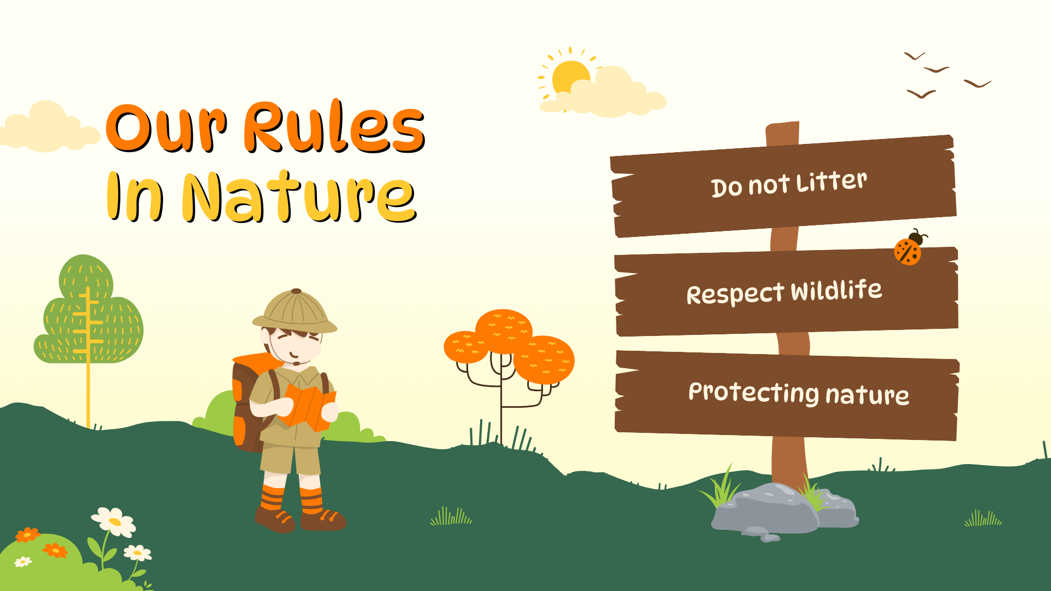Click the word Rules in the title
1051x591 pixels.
334,127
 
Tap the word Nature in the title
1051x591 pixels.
299,197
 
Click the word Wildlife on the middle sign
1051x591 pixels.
836,290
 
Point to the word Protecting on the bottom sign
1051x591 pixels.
754,392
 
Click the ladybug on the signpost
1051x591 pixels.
910,248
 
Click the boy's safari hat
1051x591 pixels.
295,311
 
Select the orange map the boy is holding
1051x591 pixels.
308,406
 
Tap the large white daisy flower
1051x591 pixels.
114,522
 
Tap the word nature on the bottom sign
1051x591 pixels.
868,394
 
